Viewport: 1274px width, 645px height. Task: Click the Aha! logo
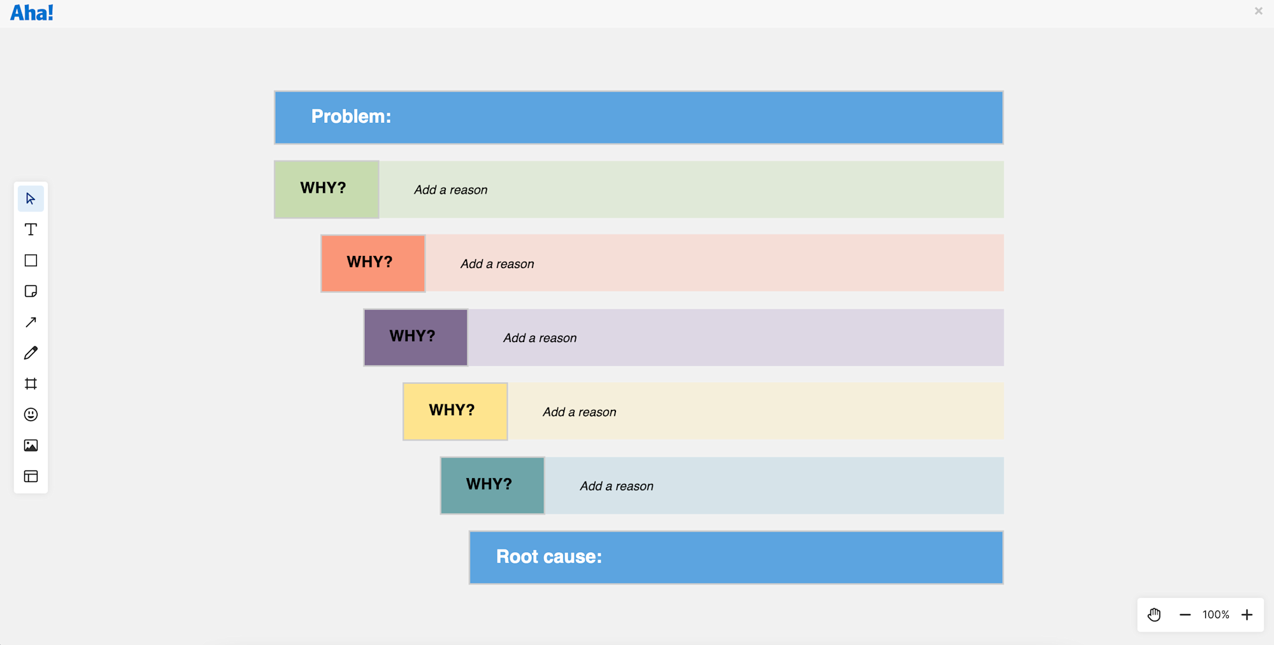coord(32,13)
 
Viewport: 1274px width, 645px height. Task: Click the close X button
coord(1258,11)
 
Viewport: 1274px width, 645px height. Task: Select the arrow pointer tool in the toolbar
coord(31,199)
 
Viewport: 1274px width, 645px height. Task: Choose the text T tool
coord(31,229)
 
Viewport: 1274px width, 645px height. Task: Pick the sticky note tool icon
coord(31,291)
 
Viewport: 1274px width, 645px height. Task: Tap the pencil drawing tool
coord(31,353)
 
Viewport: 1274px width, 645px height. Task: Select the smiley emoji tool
coord(31,415)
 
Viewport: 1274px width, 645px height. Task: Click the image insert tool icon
coord(31,446)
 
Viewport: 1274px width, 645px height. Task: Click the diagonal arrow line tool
coord(31,322)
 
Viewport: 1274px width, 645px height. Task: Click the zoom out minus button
coord(1185,614)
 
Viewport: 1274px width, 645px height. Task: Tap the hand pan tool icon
coord(1154,614)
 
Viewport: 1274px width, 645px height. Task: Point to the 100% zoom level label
coord(1215,614)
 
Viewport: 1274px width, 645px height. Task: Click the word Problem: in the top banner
coord(351,117)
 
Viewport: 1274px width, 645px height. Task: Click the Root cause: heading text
coord(548,556)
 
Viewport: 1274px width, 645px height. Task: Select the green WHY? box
coord(326,189)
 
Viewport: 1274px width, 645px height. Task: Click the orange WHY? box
coord(373,263)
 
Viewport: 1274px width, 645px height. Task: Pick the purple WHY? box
coord(415,337)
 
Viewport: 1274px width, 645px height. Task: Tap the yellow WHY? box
coord(455,411)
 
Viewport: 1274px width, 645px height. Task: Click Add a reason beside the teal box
coord(616,486)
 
